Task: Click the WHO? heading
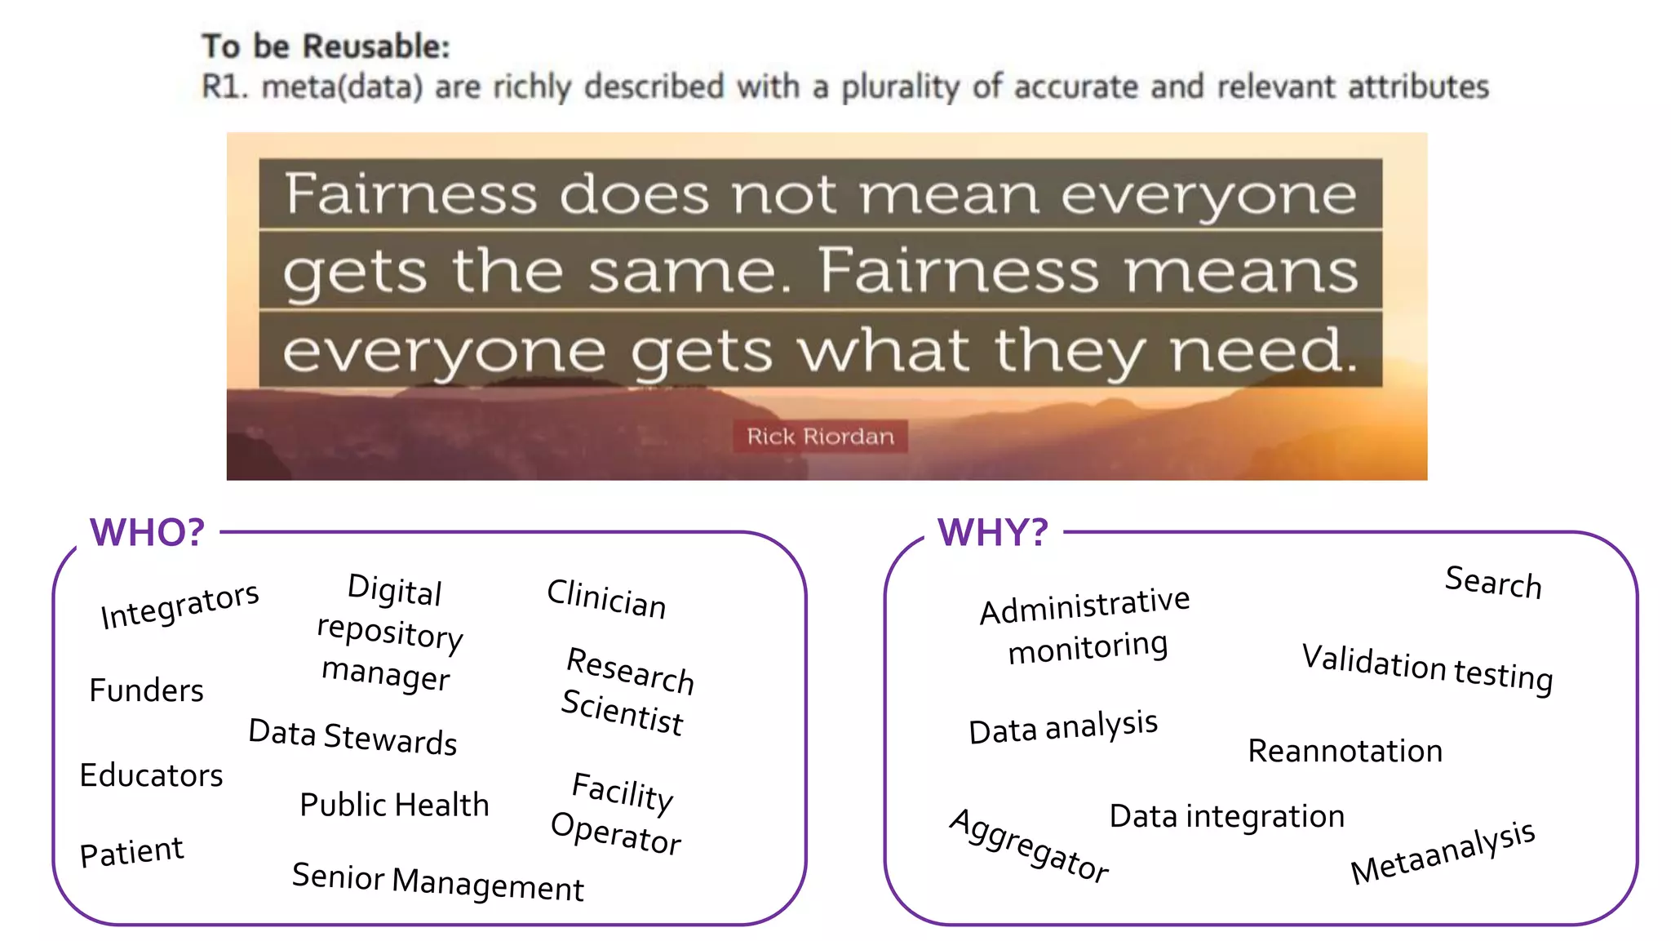(x=148, y=533)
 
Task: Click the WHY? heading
(x=993, y=533)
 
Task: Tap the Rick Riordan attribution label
(x=820, y=437)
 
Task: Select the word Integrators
(x=180, y=605)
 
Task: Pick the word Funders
(x=146, y=690)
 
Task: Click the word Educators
(x=151, y=775)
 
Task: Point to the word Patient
(x=131, y=852)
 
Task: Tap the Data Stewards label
(x=352, y=737)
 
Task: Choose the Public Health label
(x=394, y=805)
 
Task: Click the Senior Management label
(x=438, y=882)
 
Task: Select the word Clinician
(x=606, y=599)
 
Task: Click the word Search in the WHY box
(x=1493, y=583)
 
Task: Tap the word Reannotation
(x=1345, y=751)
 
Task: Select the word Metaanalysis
(x=1443, y=852)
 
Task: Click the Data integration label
(x=1226, y=816)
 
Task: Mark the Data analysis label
(x=1063, y=727)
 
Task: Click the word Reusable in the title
(x=376, y=47)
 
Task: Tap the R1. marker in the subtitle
(x=224, y=87)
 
